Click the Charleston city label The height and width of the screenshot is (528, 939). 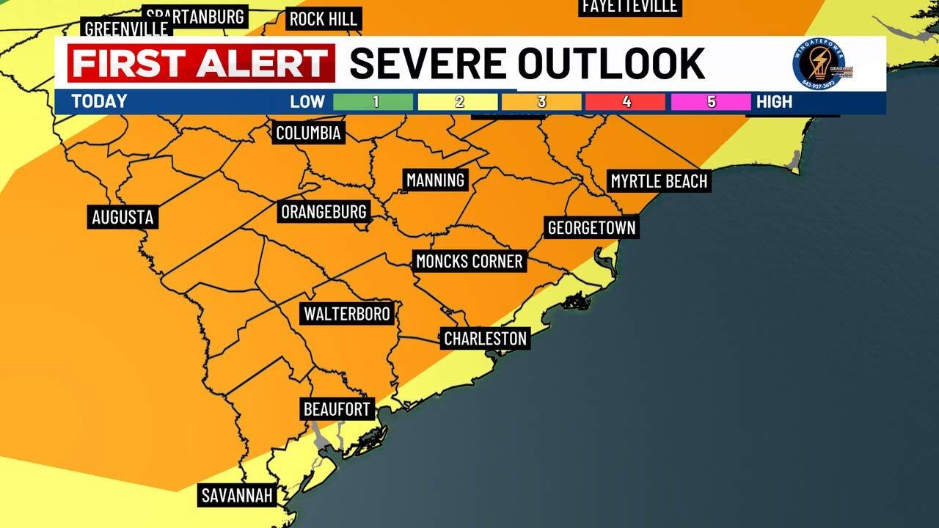click(486, 338)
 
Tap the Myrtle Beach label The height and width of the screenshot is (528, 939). click(659, 181)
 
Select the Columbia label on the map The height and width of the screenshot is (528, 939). click(308, 133)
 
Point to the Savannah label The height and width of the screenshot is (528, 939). click(237, 495)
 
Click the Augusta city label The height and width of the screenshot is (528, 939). click(123, 217)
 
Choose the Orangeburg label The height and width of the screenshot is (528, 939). click(324, 212)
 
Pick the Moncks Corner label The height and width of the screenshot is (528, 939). click(469, 261)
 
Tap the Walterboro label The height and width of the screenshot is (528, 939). click(347, 314)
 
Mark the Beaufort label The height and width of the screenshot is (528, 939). click(337, 408)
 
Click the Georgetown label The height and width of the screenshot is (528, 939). click(591, 227)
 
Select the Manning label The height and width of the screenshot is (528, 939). click(436, 180)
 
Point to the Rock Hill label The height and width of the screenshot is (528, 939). click(322, 19)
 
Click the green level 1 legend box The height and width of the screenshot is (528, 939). click(374, 102)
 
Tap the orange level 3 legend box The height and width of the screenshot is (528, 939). click(541, 102)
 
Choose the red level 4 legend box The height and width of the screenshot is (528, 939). click(626, 102)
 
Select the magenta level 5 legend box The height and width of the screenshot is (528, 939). click(710, 102)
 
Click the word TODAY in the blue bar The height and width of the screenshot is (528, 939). click(99, 102)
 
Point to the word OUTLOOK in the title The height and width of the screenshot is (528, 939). click(610, 63)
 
